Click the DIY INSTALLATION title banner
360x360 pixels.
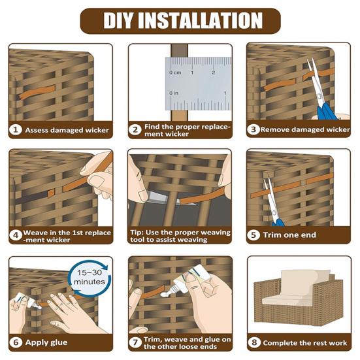coord(180,21)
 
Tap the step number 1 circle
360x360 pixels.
coord(16,129)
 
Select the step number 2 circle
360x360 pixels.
coord(136,129)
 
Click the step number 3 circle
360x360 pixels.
coord(254,129)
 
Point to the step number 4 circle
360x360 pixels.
coord(16,235)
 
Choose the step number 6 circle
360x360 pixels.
coord(16,342)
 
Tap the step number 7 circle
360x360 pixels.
coord(136,342)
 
